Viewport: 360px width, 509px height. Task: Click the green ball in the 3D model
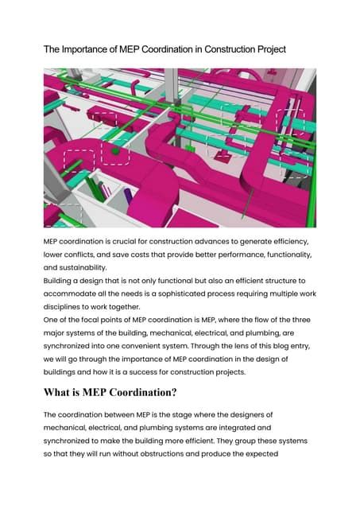pyautogui.click(x=116, y=148)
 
